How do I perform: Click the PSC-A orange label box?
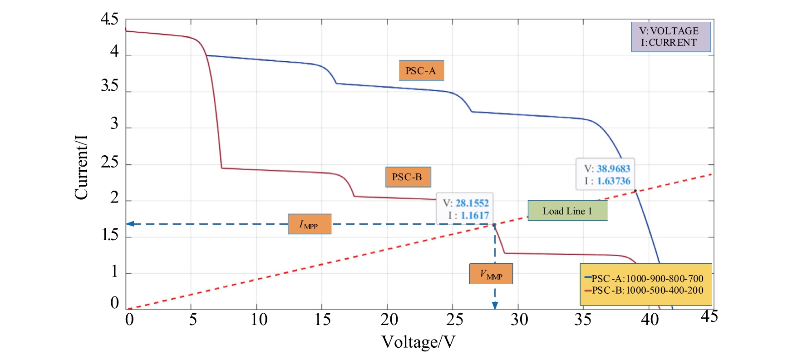click(421, 70)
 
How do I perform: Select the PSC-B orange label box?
click(408, 177)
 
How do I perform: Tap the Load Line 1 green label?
click(567, 211)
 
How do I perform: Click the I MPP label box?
click(309, 224)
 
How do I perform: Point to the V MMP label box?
click(491, 274)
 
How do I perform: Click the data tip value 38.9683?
click(613, 169)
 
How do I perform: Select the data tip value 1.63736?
click(614, 181)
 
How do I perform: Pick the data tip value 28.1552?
click(472, 203)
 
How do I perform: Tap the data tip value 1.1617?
click(475, 215)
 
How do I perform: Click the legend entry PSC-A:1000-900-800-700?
click(647, 278)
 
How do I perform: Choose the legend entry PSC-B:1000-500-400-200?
click(647, 290)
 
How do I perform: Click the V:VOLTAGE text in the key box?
click(669, 31)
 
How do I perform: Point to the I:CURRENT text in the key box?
click(669, 43)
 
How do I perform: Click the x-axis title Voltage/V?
click(418, 342)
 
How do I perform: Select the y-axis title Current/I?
click(81, 167)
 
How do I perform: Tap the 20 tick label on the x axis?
click(389, 320)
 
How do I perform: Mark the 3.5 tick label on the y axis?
click(109, 86)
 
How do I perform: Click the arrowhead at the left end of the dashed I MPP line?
click(130, 224)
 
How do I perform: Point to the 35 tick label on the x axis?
click(583, 320)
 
